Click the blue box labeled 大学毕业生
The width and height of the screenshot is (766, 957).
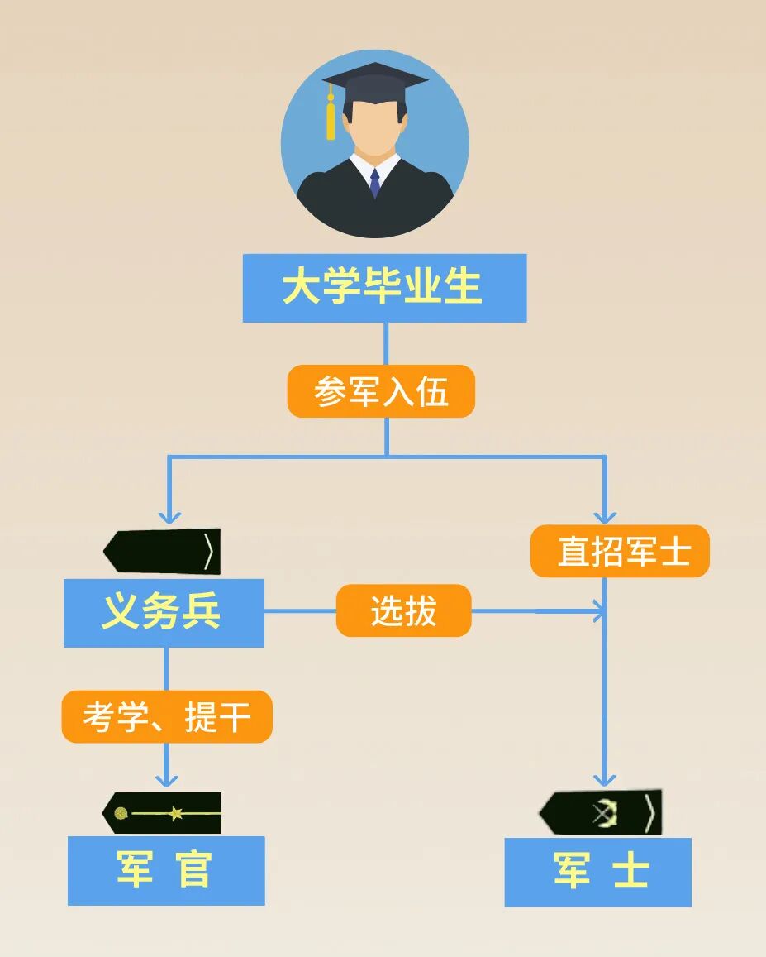tap(384, 288)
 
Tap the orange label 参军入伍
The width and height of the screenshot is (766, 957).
tap(381, 391)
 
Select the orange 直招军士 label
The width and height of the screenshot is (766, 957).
tap(620, 551)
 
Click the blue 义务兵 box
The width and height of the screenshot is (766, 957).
tap(164, 613)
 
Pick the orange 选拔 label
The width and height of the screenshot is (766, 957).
tap(403, 611)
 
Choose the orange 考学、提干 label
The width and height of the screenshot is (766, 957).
tap(167, 716)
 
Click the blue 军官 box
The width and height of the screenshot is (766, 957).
tap(166, 870)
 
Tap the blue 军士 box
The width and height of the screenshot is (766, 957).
tap(597, 872)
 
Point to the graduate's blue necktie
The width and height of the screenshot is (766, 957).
tap(375, 183)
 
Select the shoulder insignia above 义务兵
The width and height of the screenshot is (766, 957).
tap(162, 552)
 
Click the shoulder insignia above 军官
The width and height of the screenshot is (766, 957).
tap(162, 813)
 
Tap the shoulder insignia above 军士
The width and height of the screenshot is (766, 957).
tap(601, 813)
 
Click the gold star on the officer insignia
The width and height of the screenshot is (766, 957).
tap(176, 813)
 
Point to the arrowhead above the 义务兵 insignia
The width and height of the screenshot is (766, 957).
tap(170, 516)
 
